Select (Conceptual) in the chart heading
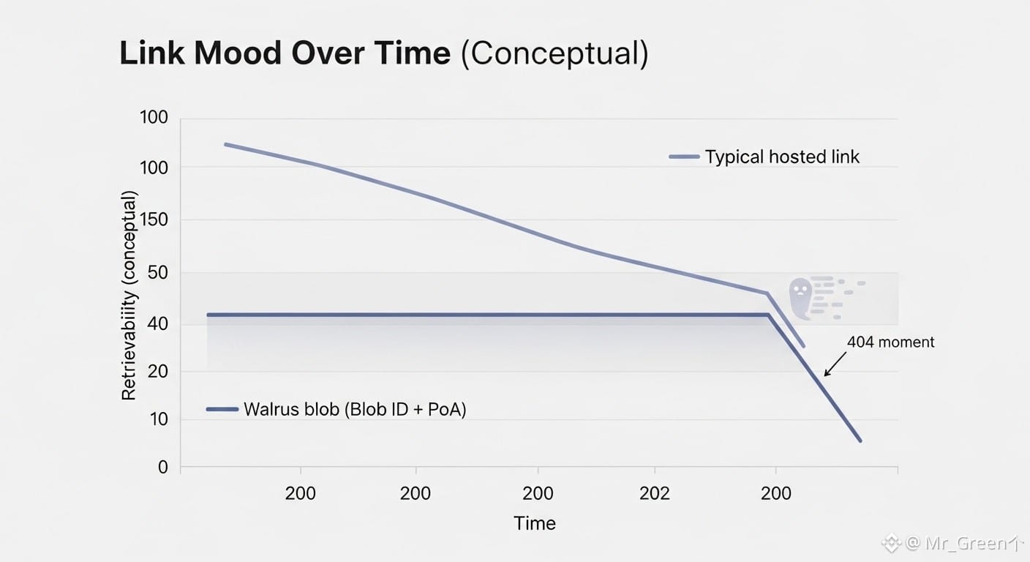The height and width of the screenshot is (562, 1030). pyautogui.click(x=554, y=54)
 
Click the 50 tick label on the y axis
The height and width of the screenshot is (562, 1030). pyautogui.click(x=159, y=273)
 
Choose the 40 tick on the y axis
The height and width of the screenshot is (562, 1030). pyautogui.click(x=159, y=323)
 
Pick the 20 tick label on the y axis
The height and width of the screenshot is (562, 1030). pyautogui.click(x=159, y=372)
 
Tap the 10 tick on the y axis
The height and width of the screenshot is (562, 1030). pyautogui.click(x=159, y=419)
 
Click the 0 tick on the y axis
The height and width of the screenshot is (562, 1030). pyautogui.click(x=163, y=467)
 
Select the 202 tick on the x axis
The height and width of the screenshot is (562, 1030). pyautogui.click(x=654, y=493)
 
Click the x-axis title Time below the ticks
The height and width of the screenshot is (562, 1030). pyautogui.click(x=535, y=523)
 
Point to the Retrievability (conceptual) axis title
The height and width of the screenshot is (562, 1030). pyautogui.click(x=129, y=296)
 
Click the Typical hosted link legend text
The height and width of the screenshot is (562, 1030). pyautogui.click(x=782, y=157)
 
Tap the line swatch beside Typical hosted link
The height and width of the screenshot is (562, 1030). pyautogui.click(x=684, y=157)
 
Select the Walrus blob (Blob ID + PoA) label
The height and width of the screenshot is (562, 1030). pyautogui.click(x=355, y=409)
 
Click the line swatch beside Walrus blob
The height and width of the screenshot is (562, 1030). pyautogui.click(x=222, y=409)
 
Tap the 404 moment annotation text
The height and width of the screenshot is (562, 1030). pyautogui.click(x=890, y=342)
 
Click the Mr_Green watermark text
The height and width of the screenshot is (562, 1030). pyautogui.click(x=958, y=543)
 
